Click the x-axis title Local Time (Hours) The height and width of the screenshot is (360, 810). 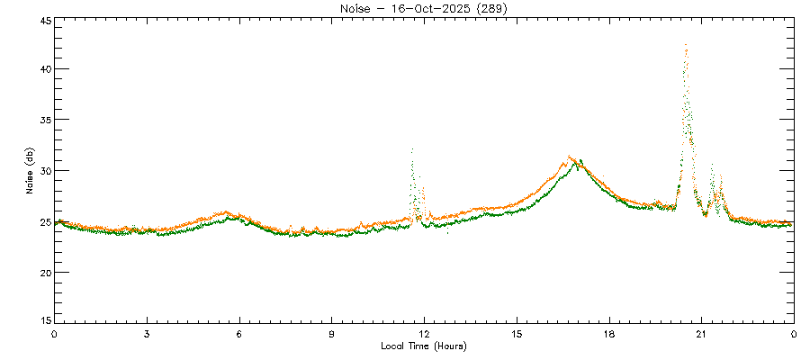[424, 346]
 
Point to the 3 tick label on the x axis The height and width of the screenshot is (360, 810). [147, 334]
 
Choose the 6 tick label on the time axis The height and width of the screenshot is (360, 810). [239, 334]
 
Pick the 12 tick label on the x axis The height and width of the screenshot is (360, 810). [424, 334]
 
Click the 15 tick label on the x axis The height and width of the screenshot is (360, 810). [517, 334]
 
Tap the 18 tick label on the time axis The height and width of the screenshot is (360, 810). [609, 334]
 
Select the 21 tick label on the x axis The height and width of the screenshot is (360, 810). [701, 334]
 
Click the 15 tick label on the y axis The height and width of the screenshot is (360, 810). [44, 320]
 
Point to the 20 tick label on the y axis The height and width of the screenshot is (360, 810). [44, 272]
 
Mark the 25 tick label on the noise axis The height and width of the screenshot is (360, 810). [44, 221]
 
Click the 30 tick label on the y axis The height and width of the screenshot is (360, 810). [44, 171]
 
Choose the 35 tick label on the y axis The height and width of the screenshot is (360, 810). [44, 120]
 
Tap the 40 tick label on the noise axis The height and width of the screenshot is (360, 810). [44, 69]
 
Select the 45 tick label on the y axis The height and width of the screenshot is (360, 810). [44, 19]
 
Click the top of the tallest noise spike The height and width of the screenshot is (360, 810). [686, 45]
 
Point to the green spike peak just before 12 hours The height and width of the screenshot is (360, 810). [412, 149]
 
